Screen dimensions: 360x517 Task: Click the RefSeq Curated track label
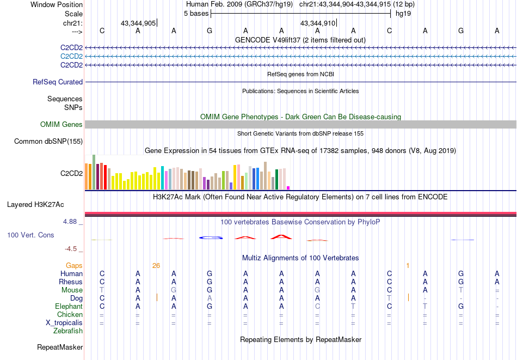click(58, 82)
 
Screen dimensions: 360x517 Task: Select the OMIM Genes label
click(61, 125)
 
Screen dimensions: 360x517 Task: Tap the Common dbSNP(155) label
click(48, 142)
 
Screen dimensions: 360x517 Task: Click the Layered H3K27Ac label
click(35, 205)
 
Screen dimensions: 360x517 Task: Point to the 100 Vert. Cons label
click(31, 235)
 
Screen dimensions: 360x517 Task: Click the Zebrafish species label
click(68, 331)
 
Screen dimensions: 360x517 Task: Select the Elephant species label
click(69, 307)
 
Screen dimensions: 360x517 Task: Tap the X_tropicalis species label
click(64, 323)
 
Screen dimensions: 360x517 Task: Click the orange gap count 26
click(156, 266)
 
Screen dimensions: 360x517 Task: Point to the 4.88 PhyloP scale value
click(71, 222)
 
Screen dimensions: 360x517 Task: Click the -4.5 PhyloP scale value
click(71, 249)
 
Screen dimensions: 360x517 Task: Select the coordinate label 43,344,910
click(318, 23)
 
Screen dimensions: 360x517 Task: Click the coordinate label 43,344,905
click(138, 23)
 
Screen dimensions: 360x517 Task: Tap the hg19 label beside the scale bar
click(403, 14)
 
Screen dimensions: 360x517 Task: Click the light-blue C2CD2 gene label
click(71, 57)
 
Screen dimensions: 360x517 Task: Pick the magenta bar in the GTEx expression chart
click(288, 188)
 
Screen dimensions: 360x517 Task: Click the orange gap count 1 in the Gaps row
click(407, 266)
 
